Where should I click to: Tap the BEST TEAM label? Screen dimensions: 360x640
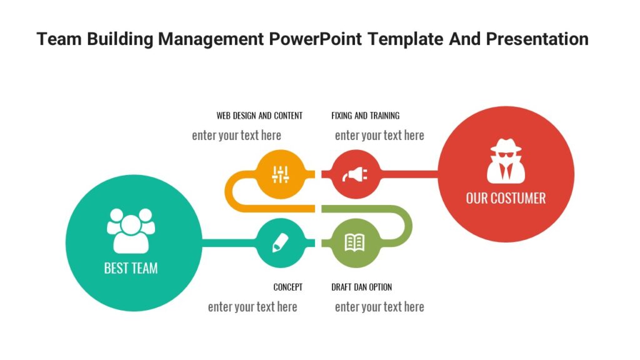(x=131, y=268)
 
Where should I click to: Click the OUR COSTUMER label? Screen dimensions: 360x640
(x=506, y=198)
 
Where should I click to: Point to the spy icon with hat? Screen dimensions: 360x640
(x=506, y=161)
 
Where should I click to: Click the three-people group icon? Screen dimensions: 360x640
(x=131, y=230)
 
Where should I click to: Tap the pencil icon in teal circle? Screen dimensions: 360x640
(x=281, y=242)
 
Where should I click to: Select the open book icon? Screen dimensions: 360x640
(x=354, y=242)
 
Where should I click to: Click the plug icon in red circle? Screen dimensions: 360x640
(x=354, y=174)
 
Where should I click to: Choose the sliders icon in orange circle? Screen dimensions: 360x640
(x=281, y=174)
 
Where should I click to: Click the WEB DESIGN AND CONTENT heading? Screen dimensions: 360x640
(x=259, y=116)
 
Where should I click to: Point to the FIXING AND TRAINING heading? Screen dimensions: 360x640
(x=365, y=116)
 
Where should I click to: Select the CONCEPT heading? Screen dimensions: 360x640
(x=287, y=287)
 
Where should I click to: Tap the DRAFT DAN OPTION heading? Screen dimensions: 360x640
(x=361, y=287)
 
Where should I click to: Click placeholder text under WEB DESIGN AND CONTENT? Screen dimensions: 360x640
(x=236, y=136)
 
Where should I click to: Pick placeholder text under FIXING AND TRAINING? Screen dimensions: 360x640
(x=379, y=136)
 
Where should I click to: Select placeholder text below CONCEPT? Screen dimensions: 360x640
(x=252, y=307)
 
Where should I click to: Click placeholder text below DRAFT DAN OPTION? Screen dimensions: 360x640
(x=379, y=307)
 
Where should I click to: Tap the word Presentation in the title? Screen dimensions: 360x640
(x=537, y=39)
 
